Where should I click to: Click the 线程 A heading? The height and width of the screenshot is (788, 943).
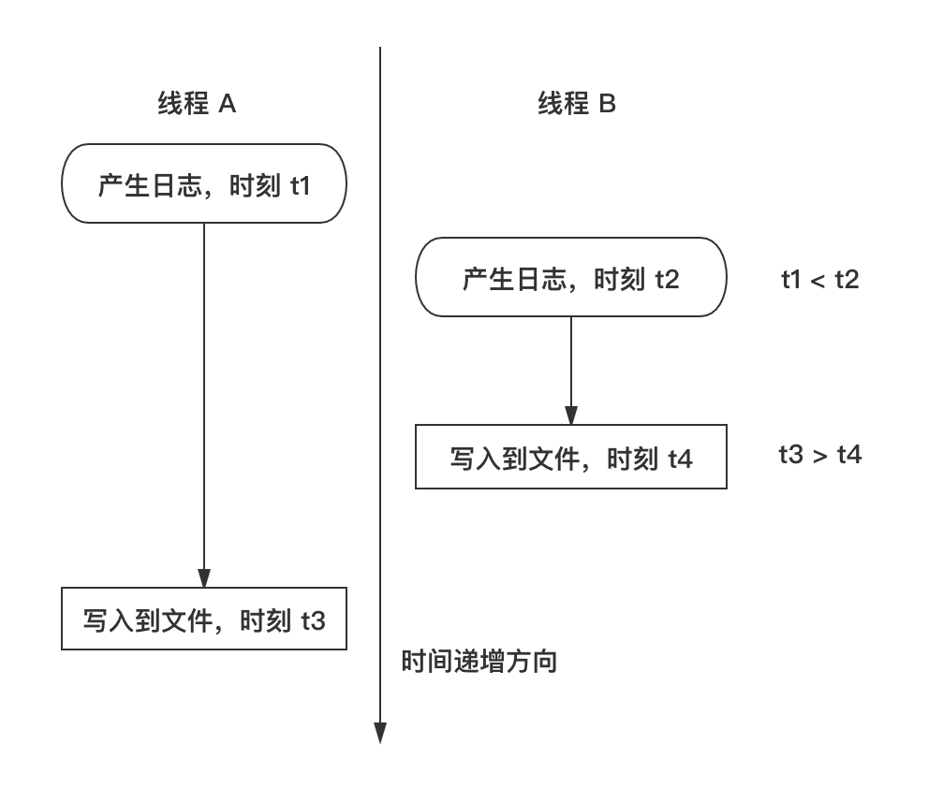pyautogui.click(x=197, y=103)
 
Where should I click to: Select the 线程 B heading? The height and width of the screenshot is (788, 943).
pyautogui.click(x=577, y=103)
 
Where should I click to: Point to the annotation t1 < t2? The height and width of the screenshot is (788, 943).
pyautogui.click(x=819, y=280)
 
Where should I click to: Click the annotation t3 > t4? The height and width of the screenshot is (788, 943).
pyautogui.click(x=819, y=455)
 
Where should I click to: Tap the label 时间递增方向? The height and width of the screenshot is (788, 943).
pyautogui.click(x=479, y=661)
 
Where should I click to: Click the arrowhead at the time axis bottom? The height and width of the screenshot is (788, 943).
pyautogui.click(x=380, y=733)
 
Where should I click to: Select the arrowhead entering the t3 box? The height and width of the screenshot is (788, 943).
pyautogui.click(x=204, y=577)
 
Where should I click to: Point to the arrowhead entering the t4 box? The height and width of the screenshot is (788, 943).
pyautogui.click(x=570, y=416)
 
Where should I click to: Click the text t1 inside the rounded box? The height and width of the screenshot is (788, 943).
pyautogui.click(x=300, y=185)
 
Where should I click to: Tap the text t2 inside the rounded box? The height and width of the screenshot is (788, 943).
pyautogui.click(x=667, y=280)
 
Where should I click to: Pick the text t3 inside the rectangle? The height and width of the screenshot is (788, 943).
pyautogui.click(x=313, y=621)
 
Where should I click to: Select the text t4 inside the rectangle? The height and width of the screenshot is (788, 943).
pyautogui.click(x=680, y=460)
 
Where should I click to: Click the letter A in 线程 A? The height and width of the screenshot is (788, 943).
pyautogui.click(x=227, y=104)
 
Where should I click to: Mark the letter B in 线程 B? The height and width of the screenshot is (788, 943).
pyautogui.click(x=608, y=104)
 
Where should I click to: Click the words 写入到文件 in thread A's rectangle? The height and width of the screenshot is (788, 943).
pyautogui.click(x=148, y=620)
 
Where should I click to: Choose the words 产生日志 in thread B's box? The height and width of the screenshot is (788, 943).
pyautogui.click(x=514, y=279)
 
